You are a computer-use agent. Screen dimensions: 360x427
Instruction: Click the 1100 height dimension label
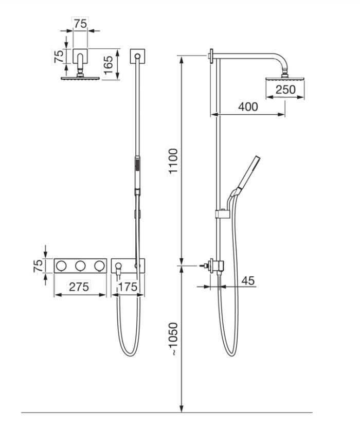pos(173,161)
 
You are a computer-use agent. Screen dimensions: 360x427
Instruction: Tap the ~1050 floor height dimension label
pos(173,339)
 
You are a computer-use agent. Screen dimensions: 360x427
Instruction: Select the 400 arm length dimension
pos(248,107)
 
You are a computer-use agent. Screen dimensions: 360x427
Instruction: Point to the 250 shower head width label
pos(285,90)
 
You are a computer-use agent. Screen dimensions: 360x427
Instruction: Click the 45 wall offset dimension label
pos(248,281)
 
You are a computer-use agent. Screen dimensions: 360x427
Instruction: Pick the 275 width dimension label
pos(79,287)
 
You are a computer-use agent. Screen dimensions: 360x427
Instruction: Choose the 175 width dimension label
pos(128,287)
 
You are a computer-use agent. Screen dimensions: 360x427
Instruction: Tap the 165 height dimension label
pos(109,64)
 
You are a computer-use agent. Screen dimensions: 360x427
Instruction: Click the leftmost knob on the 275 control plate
pos(62,265)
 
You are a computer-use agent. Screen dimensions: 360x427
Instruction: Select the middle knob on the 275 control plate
pos(80,265)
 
